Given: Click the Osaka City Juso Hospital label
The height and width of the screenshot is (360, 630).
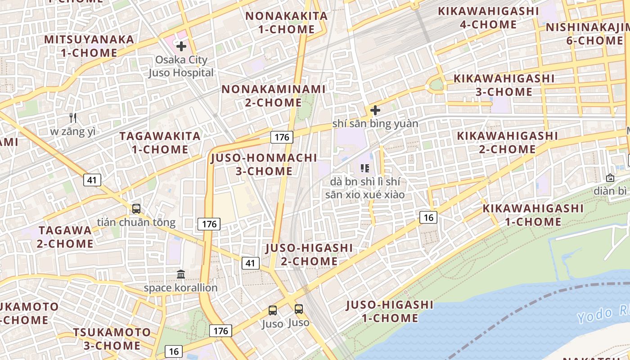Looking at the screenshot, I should (x=181, y=66).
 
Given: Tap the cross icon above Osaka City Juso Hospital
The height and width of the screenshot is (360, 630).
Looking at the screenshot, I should (x=181, y=46).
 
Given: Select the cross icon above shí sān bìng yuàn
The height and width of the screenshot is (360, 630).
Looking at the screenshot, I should (x=375, y=110).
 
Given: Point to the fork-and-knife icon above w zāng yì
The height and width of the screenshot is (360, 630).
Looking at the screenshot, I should (x=73, y=118).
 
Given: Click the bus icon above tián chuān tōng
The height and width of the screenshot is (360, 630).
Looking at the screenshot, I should (x=136, y=209).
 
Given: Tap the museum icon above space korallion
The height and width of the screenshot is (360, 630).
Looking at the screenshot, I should (x=181, y=274).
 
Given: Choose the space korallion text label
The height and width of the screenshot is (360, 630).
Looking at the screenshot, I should (x=180, y=288).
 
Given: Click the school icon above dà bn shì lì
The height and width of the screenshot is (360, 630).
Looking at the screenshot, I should (x=365, y=168).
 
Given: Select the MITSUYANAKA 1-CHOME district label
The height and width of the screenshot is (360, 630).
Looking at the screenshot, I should (x=89, y=46).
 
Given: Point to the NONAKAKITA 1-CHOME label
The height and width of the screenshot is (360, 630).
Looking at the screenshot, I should (x=286, y=22).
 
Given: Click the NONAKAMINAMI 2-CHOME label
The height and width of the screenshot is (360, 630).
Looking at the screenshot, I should (x=273, y=95).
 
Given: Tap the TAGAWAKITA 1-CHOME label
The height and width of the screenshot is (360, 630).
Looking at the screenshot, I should (x=160, y=142).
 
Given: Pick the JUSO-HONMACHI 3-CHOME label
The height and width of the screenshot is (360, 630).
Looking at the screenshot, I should (x=264, y=164).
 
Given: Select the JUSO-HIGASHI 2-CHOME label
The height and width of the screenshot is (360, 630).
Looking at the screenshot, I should (x=309, y=254).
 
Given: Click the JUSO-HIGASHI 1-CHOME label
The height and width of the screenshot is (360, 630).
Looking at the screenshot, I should (x=390, y=311).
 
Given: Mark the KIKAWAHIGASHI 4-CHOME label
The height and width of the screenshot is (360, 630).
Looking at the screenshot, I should (x=488, y=17).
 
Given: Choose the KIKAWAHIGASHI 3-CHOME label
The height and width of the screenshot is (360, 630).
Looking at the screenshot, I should (x=504, y=85).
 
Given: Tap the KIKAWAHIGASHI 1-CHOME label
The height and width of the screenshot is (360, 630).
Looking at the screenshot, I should (x=533, y=215).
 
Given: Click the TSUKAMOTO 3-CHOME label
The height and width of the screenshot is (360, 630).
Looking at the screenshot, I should (x=112, y=339).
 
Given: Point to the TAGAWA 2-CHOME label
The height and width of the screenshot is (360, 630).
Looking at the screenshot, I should (x=65, y=237).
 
